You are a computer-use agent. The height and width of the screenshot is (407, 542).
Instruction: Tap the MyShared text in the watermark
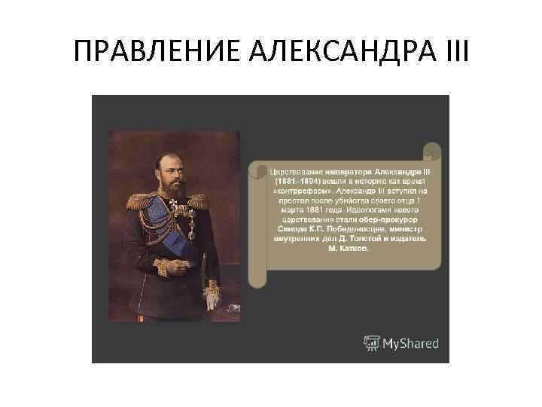click(x=411, y=344)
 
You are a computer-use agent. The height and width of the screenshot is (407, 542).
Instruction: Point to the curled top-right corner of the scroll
click(x=432, y=151)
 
